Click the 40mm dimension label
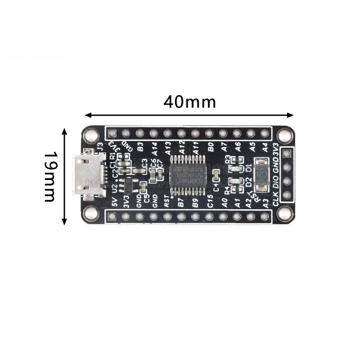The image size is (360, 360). [x=189, y=102]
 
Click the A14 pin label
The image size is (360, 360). [x=154, y=148]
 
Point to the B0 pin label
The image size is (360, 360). [x=210, y=147]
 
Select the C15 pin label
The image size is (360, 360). [x=210, y=202]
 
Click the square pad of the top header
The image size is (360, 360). [x=112, y=133]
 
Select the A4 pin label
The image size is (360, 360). [x=265, y=147]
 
